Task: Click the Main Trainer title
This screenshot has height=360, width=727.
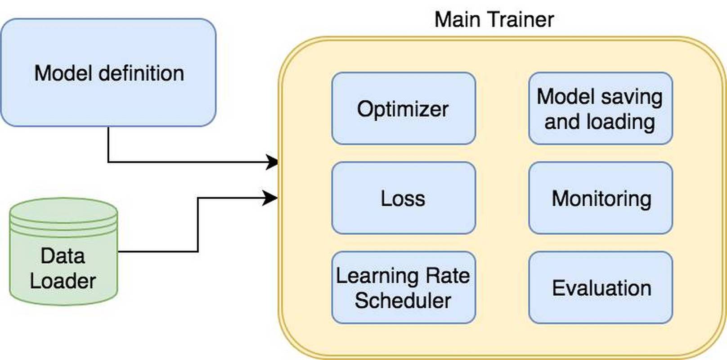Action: [x=494, y=20]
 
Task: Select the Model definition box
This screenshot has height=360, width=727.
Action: [x=108, y=72]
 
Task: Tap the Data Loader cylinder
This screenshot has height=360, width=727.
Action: [x=63, y=252]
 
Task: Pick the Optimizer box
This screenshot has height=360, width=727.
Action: [x=403, y=108]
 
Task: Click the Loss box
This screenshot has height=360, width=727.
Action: [x=403, y=198]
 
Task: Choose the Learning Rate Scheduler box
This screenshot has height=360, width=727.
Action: [x=403, y=288]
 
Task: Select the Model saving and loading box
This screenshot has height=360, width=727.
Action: [x=600, y=108]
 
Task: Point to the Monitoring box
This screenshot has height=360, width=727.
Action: [x=600, y=198]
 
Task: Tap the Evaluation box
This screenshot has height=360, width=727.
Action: [x=600, y=288]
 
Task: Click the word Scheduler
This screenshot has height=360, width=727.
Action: [x=403, y=301]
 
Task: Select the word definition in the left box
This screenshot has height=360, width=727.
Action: [x=141, y=73]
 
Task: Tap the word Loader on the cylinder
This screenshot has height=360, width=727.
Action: [x=63, y=281]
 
